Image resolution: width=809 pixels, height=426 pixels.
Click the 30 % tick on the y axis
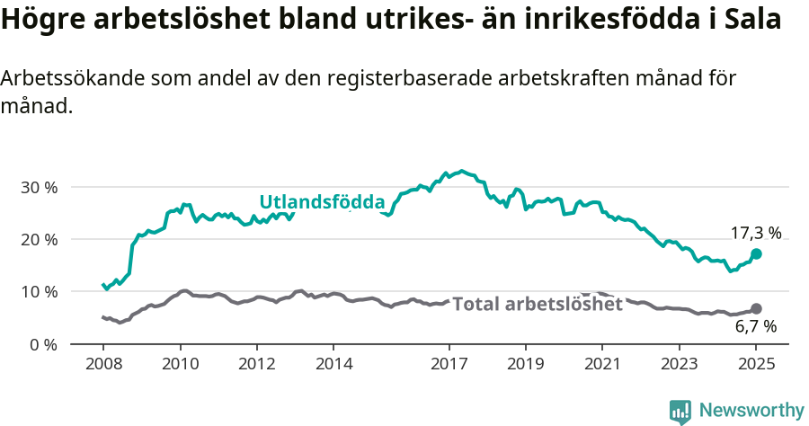pyautogui.click(x=39, y=188)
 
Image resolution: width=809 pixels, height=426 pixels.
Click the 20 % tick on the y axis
pyautogui.click(x=39, y=240)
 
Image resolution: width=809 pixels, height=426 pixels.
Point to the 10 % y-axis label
pyautogui.click(x=39, y=292)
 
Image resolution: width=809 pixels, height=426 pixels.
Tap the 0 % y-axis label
pyautogui.click(x=43, y=344)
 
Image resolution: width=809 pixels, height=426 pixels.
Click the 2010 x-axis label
pyautogui.click(x=180, y=366)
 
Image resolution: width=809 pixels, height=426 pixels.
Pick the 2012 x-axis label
pyautogui.click(x=256, y=366)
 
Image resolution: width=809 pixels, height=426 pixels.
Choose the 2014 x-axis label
pyautogui.click(x=333, y=366)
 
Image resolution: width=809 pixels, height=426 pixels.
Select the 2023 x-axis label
pyautogui.click(x=679, y=366)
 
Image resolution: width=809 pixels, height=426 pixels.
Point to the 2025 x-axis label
pyautogui.click(x=756, y=366)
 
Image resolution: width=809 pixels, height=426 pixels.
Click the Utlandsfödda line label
pyautogui.click(x=322, y=202)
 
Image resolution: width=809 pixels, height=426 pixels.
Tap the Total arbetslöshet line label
pyautogui.click(x=538, y=304)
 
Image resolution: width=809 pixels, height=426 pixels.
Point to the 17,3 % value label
pyautogui.click(x=755, y=233)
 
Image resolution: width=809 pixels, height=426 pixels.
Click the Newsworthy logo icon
pyautogui.click(x=680, y=412)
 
